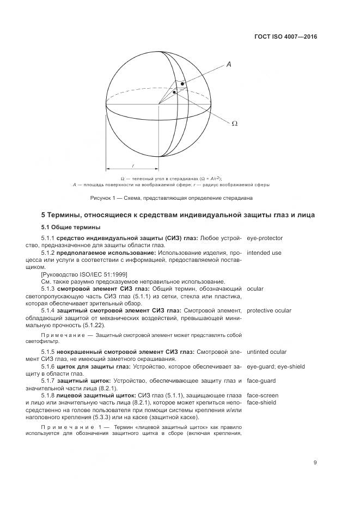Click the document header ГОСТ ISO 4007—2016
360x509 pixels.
click(x=285, y=37)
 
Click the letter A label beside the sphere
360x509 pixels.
click(x=229, y=65)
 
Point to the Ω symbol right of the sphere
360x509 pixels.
click(x=235, y=124)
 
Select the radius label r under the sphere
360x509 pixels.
click(x=132, y=165)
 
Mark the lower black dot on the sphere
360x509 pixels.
click(x=174, y=93)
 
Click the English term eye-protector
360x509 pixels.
click(x=265, y=238)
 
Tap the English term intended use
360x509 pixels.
click(x=264, y=253)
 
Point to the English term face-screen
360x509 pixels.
click(x=263, y=395)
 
